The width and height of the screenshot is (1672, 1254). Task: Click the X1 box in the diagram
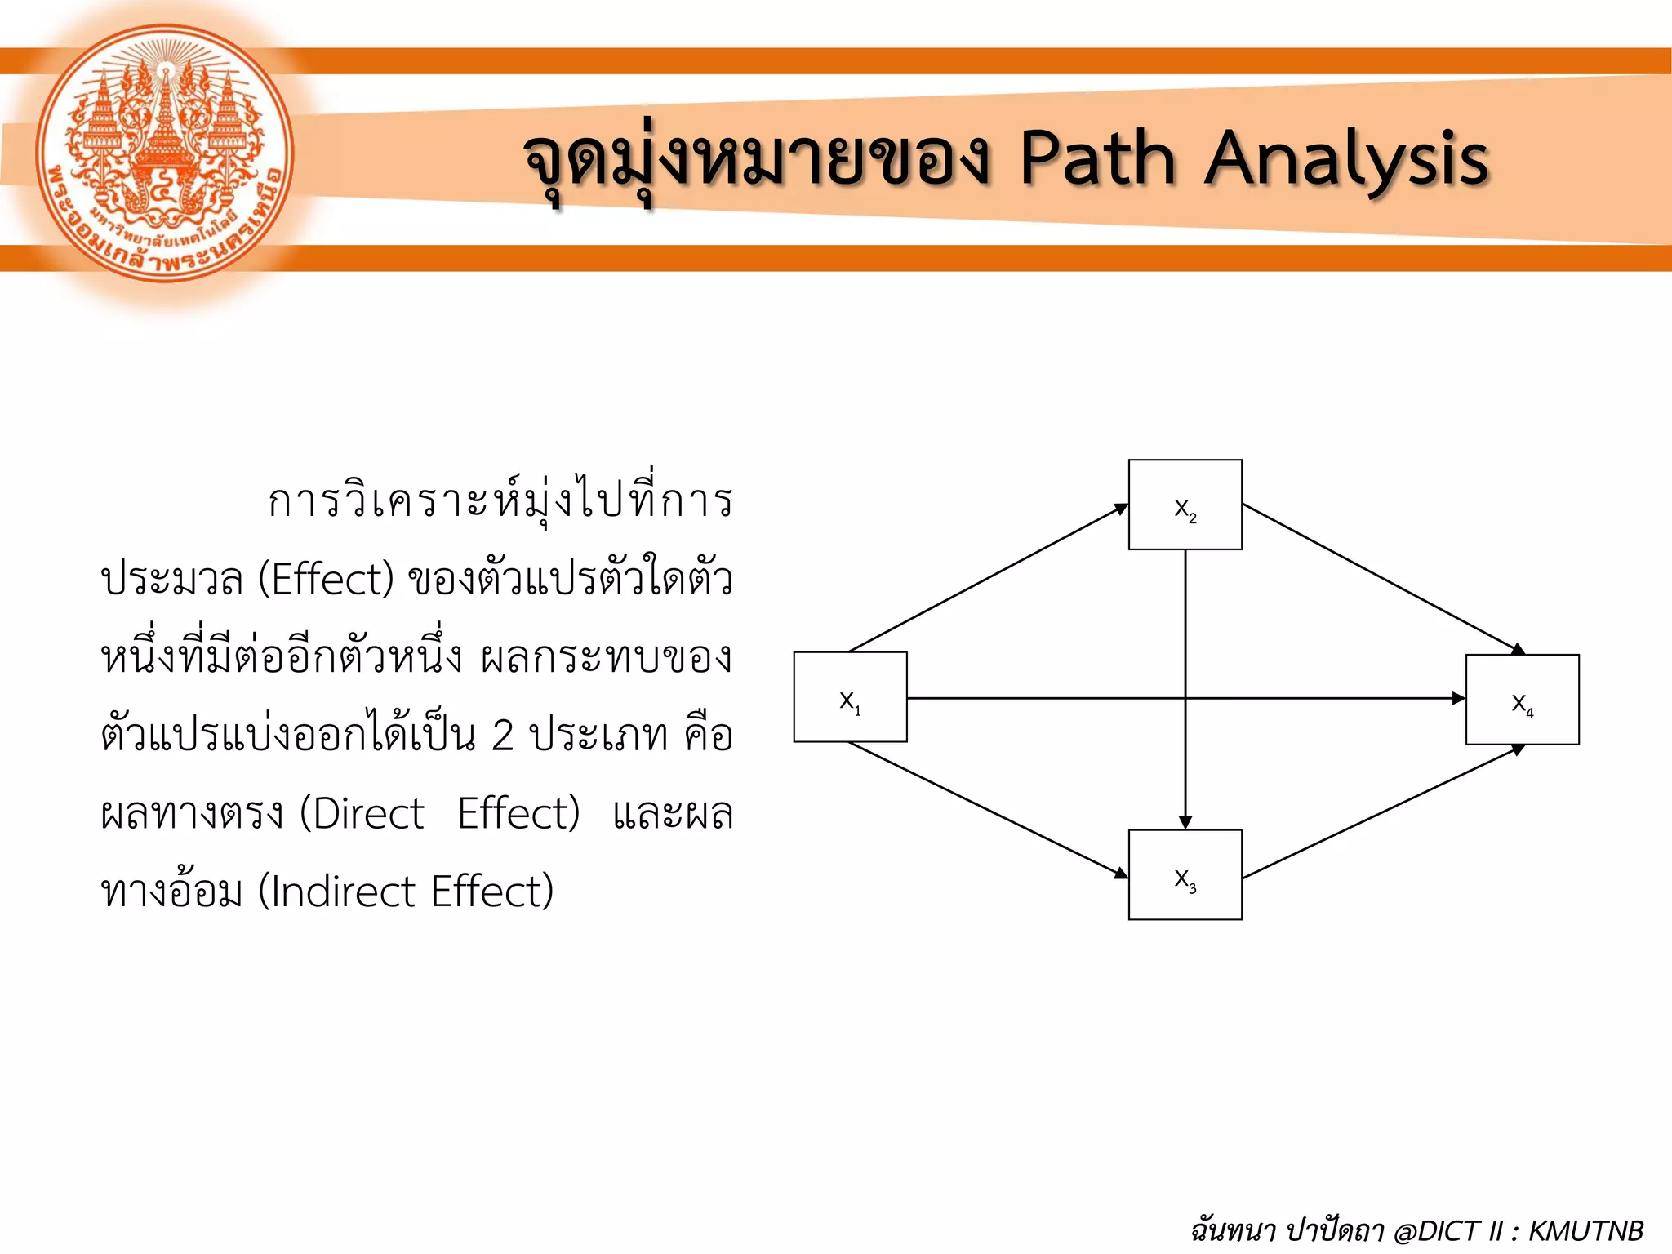click(850, 696)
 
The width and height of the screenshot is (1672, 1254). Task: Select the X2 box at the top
click(1185, 505)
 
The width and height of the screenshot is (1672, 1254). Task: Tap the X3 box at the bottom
click(1185, 874)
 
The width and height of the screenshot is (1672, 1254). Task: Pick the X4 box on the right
click(1522, 700)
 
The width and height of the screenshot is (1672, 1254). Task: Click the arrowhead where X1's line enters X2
click(1122, 509)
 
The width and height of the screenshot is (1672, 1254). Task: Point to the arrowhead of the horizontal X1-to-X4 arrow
click(1458, 698)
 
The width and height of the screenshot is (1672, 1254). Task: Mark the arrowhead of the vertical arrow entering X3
click(1185, 822)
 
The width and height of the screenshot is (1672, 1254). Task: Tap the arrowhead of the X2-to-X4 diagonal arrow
click(1518, 649)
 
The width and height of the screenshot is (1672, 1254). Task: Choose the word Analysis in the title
click(1346, 159)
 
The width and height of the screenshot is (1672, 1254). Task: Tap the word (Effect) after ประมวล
click(326, 579)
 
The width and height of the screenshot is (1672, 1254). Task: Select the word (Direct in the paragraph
click(362, 813)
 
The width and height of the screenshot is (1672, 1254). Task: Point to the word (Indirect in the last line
click(336, 891)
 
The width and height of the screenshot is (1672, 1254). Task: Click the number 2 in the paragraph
click(502, 735)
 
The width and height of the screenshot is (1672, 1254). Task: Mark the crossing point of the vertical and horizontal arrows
click(1185, 698)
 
